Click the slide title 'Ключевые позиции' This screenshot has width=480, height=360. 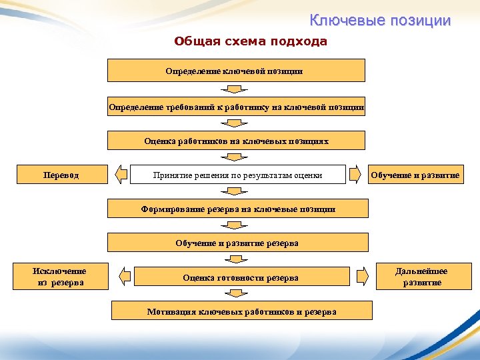coord(380,21)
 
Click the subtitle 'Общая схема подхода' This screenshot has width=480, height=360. coord(251,41)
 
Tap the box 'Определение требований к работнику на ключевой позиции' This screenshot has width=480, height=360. coord(237,107)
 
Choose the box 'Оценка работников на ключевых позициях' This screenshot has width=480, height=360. coord(237,141)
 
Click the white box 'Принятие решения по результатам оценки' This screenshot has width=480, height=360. coord(237,175)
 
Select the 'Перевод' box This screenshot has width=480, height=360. coord(61,175)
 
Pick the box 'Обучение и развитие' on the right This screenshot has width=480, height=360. coord(415,175)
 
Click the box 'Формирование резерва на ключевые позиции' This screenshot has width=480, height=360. coord(238,209)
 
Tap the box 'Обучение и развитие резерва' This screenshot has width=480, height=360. coord(238,243)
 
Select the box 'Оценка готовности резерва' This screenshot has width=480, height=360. coord(241,277)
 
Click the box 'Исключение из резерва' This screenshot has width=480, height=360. coord(59,277)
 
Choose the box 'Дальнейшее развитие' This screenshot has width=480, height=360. coord(421,277)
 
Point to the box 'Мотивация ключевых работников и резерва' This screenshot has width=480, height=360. coord(241,311)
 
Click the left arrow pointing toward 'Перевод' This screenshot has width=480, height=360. coord(121,175)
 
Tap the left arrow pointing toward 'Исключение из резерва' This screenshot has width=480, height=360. coord(124,275)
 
